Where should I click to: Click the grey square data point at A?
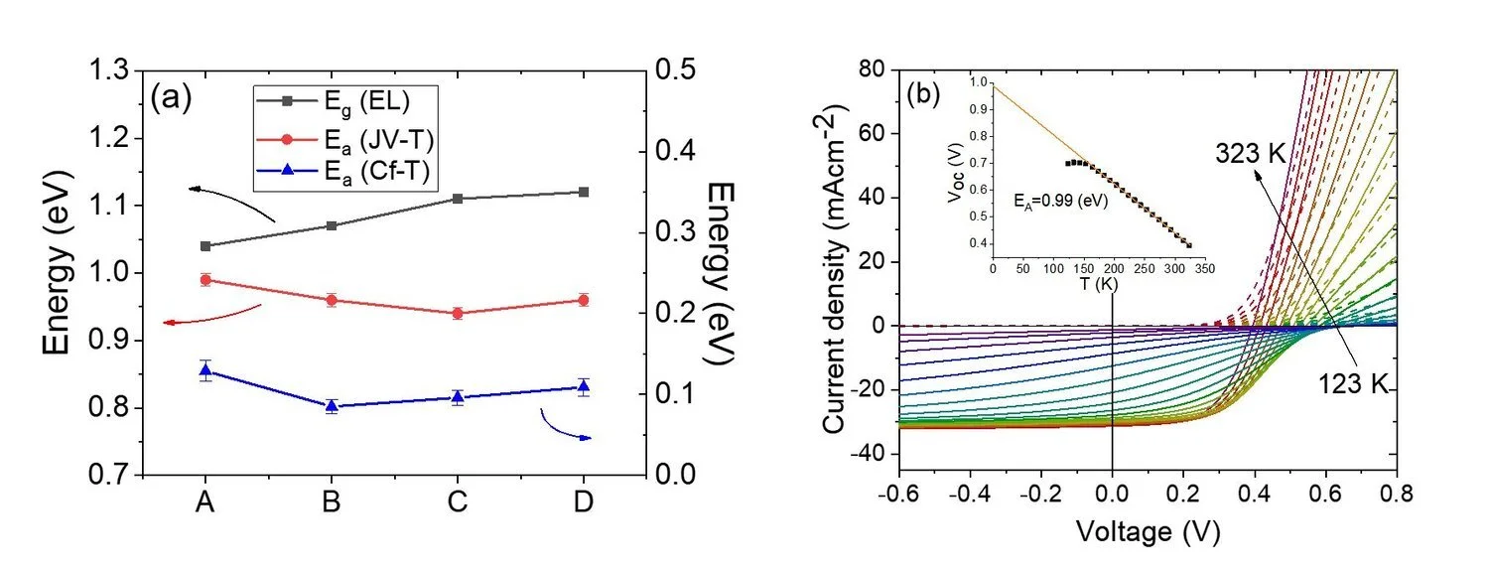[x=205, y=245]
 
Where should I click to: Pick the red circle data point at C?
[x=458, y=313]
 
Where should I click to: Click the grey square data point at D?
[x=584, y=192]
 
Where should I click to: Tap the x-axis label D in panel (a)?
[x=584, y=502]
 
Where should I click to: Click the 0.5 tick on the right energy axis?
[x=672, y=71]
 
